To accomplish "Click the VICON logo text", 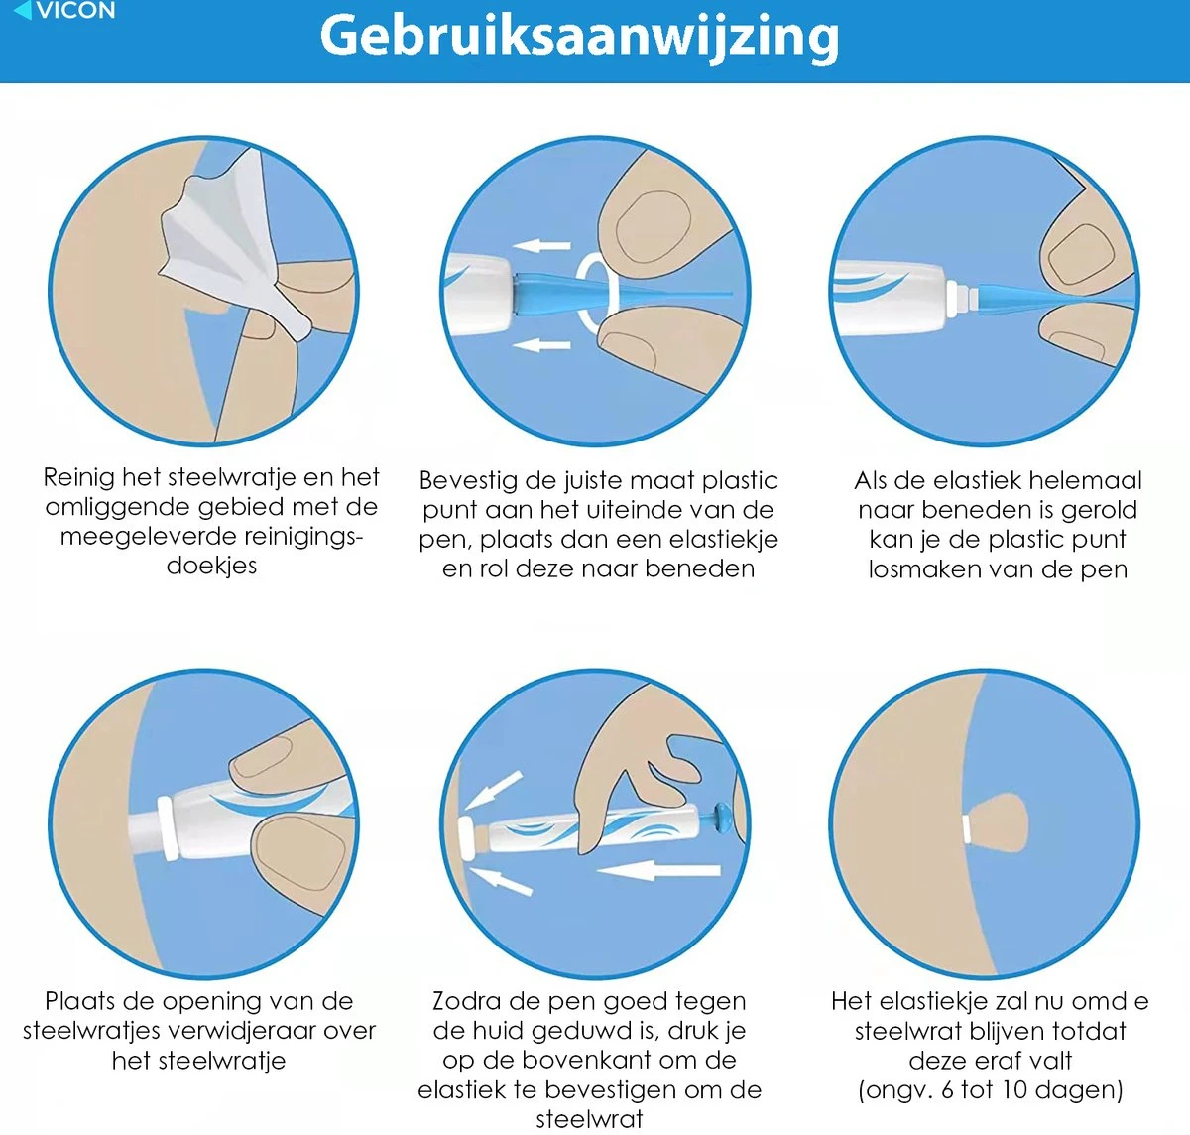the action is click(x=75, y=10).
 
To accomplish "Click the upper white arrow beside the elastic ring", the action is click(x=541, y=245).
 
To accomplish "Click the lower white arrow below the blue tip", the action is click(x=541, y=345).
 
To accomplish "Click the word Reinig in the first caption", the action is click(x=78, y=478).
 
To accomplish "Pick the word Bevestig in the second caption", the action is click(x=466, y=481).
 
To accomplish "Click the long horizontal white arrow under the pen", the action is click(x=658, y=871).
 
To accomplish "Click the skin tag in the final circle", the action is click(x=998, y=823).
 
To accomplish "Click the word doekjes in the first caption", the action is click(x=212, y=567).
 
